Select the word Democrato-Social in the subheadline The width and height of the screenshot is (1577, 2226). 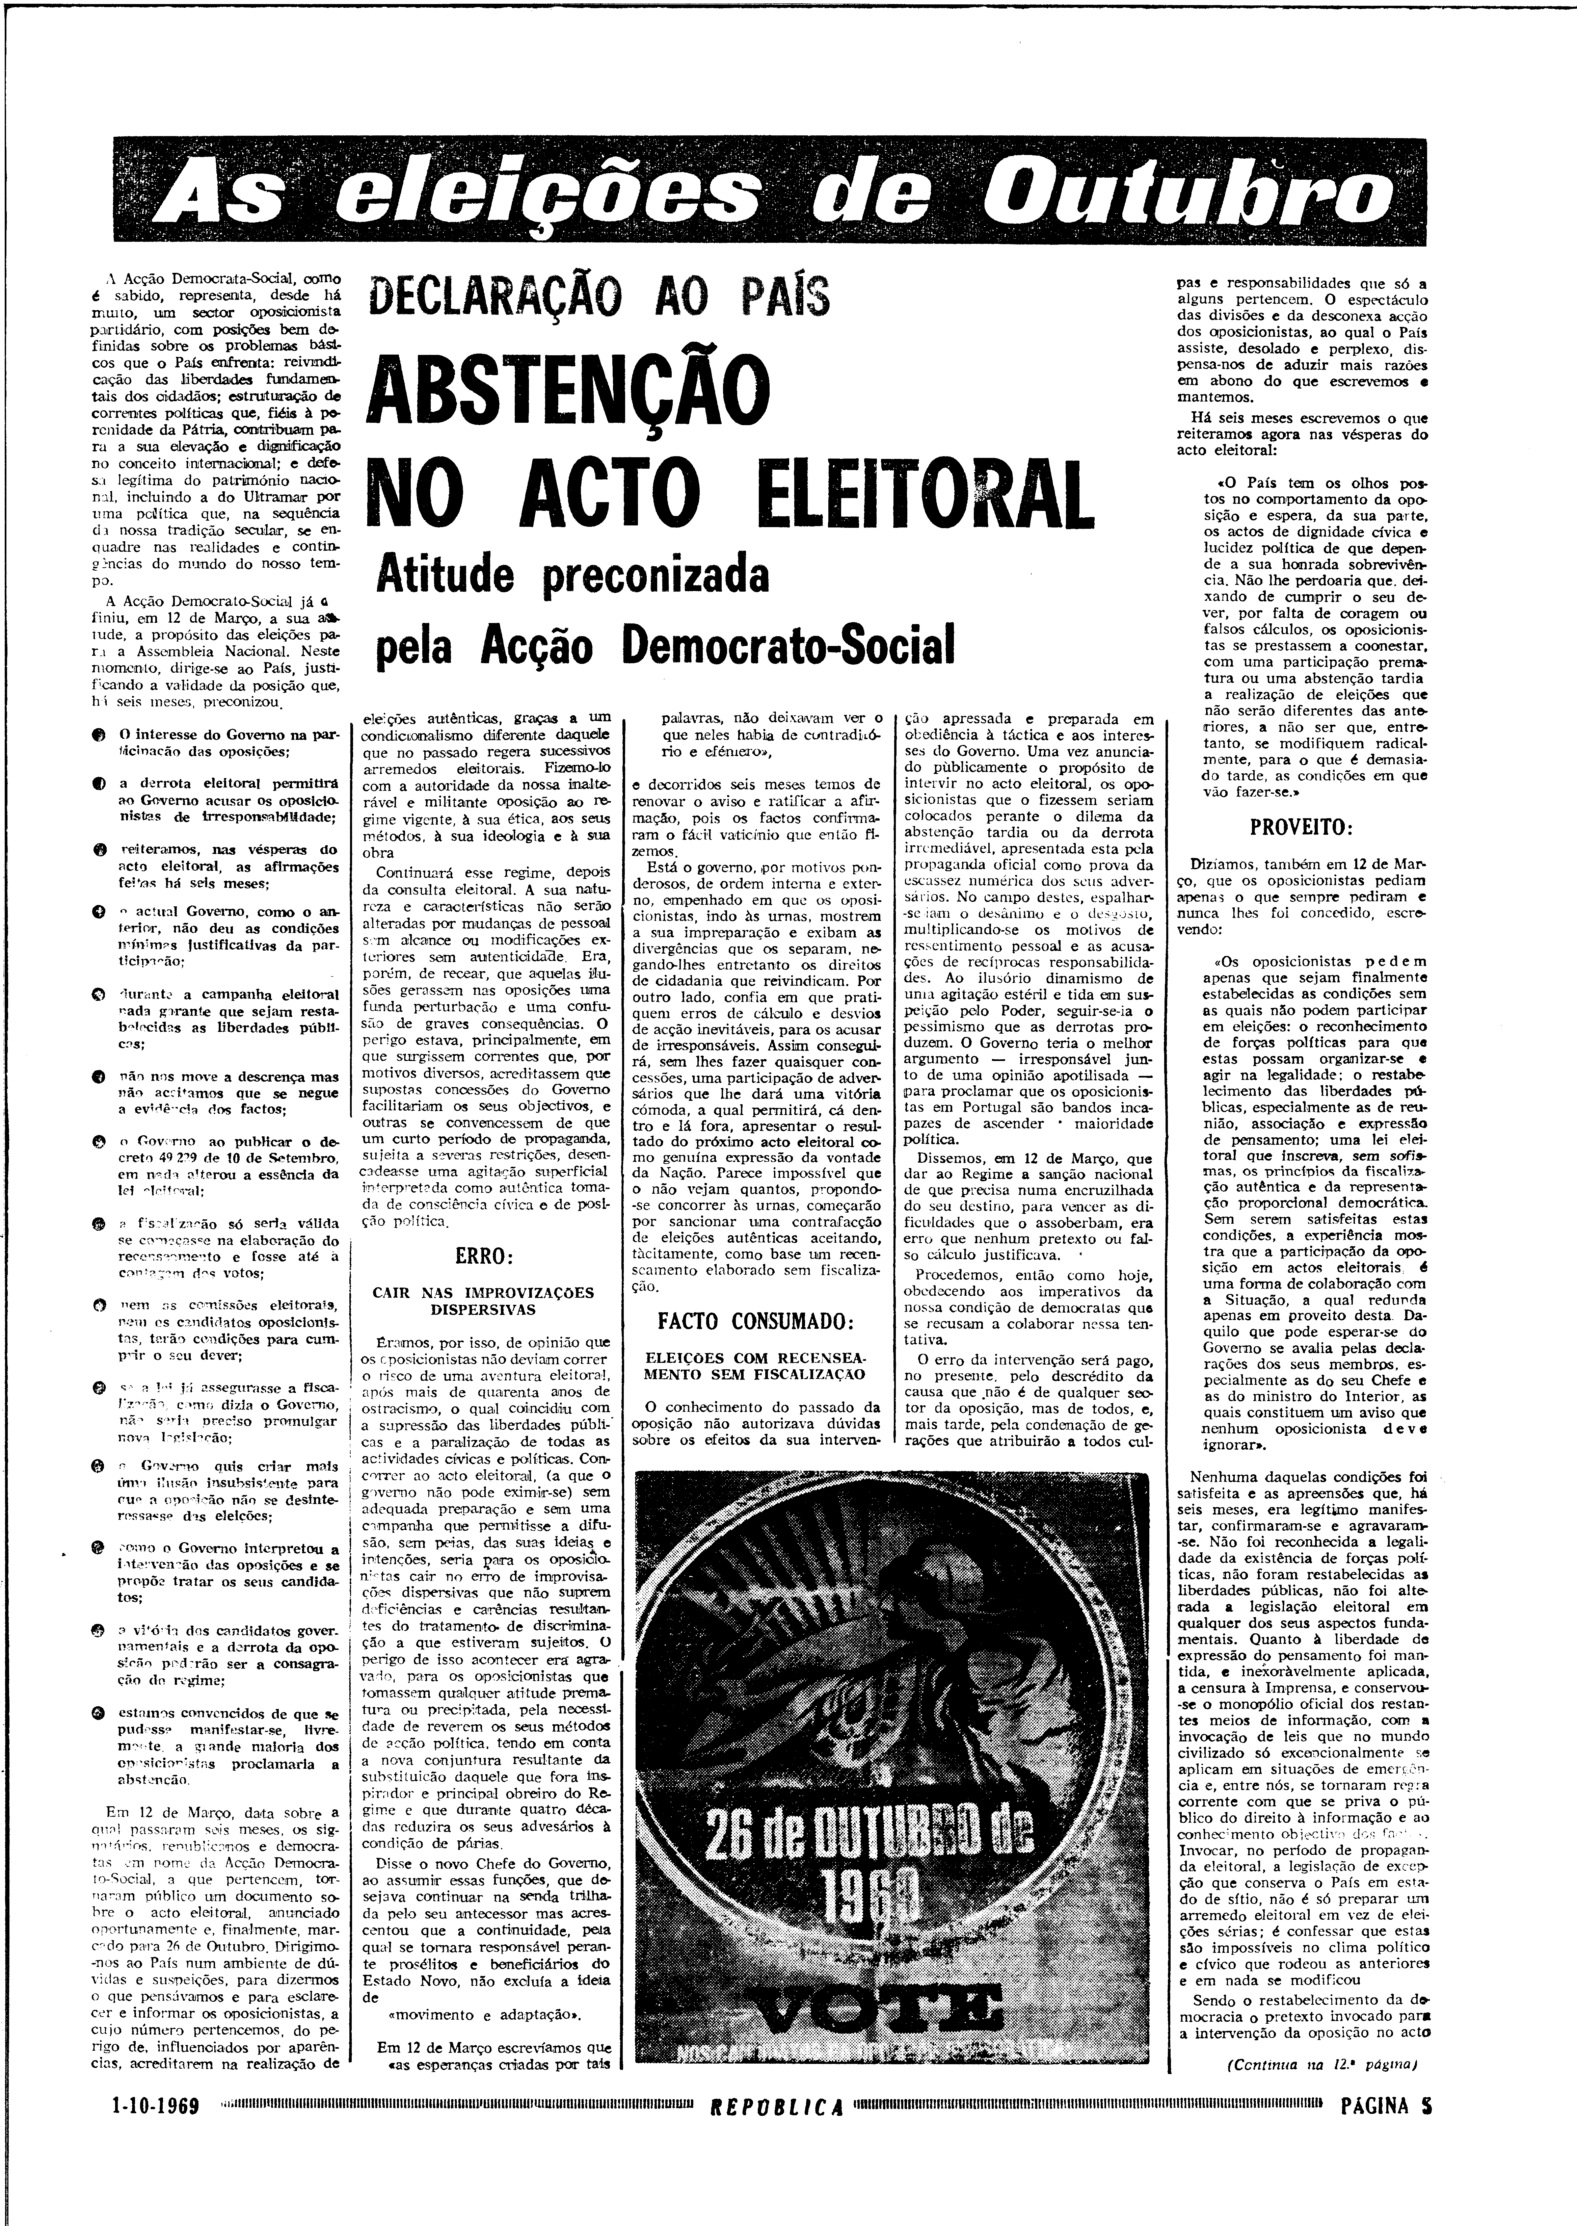click(787, 646)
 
